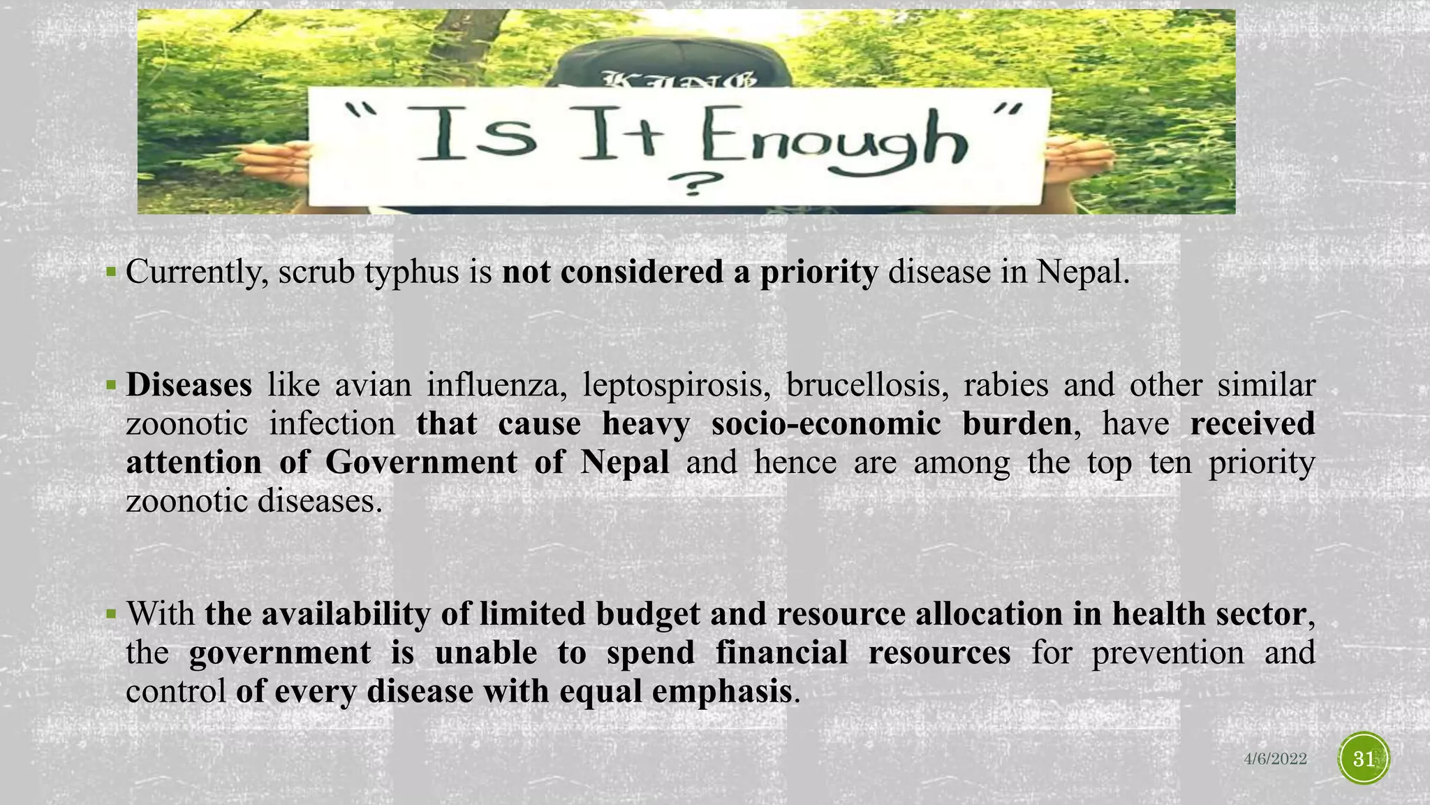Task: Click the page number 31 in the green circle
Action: pyautogui.click(x=1364, y=759)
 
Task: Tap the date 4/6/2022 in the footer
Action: pyautogui.click(x=1275, y=760)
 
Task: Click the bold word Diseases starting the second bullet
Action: pyautogui.click(x=189, y=385)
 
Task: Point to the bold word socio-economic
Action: pyautogui.click(x=826, y=423)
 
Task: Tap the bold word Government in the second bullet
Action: pyautogui.click(x=421, y=462)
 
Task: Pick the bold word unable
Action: pyautogui.click(x=485, y=653)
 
